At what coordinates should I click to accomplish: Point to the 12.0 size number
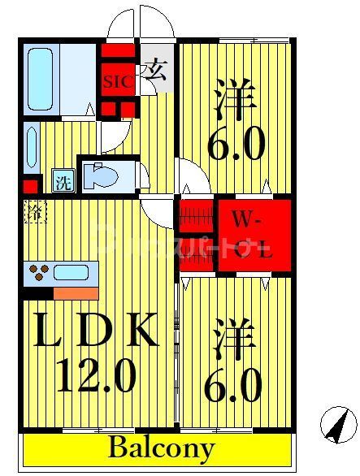[x=96, y=376]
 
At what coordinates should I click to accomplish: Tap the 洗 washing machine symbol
[x=62, y=181]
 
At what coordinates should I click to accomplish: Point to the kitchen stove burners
[x=38, y=271]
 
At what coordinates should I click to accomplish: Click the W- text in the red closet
[x=246, y=219]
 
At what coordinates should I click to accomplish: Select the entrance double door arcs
[x=140, y=23]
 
